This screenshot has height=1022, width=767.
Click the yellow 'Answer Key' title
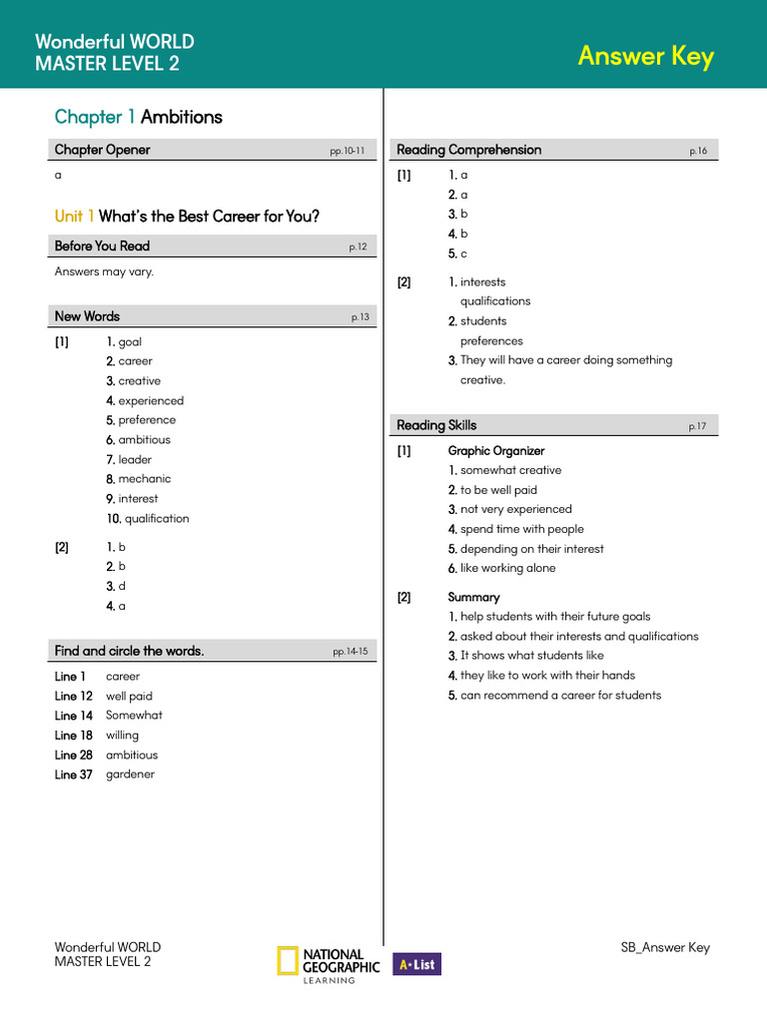click(645, 56)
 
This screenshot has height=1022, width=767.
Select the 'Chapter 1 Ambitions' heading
click(138, 117)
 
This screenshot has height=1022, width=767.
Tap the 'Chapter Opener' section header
click(102, 150)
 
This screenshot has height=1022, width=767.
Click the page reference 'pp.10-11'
click(348, 152)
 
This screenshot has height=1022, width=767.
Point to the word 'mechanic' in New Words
click(144, 479)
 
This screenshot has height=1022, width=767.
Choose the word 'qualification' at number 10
click(156, 519)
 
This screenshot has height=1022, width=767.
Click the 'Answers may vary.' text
click(104, 271)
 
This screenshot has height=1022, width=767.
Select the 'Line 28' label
click(74, 756)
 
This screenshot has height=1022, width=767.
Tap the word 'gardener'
click(130, 774)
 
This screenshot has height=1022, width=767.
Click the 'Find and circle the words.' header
click(129, 651)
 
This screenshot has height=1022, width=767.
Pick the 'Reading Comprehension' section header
click(468, 150)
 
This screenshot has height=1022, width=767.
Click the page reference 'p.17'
click(697, 427)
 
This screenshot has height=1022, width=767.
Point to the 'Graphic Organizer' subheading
click(496, 451)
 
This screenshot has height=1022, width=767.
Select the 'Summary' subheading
click(473, 598)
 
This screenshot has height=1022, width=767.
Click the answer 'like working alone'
click(507, 569)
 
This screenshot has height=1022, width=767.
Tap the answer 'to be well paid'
click(498, 490)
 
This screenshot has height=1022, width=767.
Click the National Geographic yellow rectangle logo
click(287, 960)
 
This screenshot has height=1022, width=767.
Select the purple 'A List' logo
click(416, 964)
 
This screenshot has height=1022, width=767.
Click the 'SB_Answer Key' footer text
click(665, 948)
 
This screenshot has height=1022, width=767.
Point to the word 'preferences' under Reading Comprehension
click(491, 341)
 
